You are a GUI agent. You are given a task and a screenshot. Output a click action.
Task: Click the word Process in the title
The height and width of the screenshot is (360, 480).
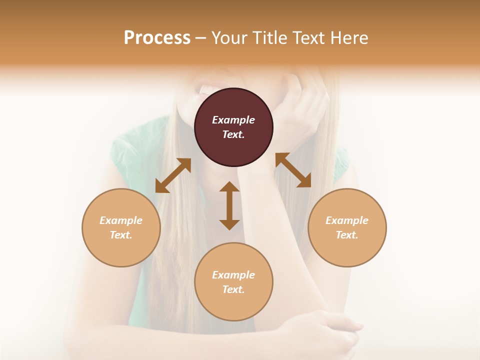157,38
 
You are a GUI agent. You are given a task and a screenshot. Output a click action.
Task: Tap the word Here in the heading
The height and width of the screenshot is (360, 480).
348,38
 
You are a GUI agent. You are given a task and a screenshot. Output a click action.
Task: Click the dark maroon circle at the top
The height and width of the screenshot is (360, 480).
233,105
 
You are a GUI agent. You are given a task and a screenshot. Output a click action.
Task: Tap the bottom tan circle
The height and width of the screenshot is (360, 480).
233,300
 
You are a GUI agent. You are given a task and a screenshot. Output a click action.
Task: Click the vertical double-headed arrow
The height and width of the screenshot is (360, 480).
229,205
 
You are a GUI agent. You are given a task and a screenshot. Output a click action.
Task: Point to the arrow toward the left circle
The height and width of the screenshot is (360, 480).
173,175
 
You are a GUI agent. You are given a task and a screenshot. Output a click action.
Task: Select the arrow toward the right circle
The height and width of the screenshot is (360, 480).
293,170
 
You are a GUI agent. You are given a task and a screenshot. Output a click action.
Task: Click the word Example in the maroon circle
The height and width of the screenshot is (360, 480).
233,120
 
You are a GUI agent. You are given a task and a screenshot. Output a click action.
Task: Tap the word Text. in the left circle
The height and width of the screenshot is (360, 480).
121,235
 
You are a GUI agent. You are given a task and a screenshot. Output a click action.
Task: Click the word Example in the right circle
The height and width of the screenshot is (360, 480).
347,220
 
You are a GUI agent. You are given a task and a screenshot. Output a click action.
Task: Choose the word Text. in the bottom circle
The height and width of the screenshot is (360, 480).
233,289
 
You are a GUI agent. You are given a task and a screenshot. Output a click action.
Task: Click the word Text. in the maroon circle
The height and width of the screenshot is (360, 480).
233,134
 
